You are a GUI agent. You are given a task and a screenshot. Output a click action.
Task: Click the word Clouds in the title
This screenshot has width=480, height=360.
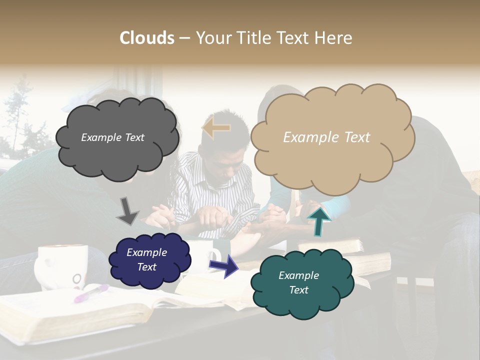pos(147,38)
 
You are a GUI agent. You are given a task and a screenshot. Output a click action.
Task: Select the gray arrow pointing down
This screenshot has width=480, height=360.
pos(127,211)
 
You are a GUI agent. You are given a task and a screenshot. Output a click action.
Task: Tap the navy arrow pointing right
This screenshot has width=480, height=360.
pos(224,266)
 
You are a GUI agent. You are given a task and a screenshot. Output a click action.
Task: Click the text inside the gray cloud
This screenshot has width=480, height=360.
pos(112,137)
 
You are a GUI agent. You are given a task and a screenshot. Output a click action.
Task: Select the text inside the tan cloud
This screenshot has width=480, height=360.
pos(326,137)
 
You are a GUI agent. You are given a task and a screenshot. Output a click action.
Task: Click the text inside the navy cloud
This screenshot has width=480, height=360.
pos(147,260)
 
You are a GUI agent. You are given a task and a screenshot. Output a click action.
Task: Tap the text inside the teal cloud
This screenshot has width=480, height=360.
pos(298,283)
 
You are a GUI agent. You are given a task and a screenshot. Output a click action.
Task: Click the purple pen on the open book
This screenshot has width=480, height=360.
pos(91,293)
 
